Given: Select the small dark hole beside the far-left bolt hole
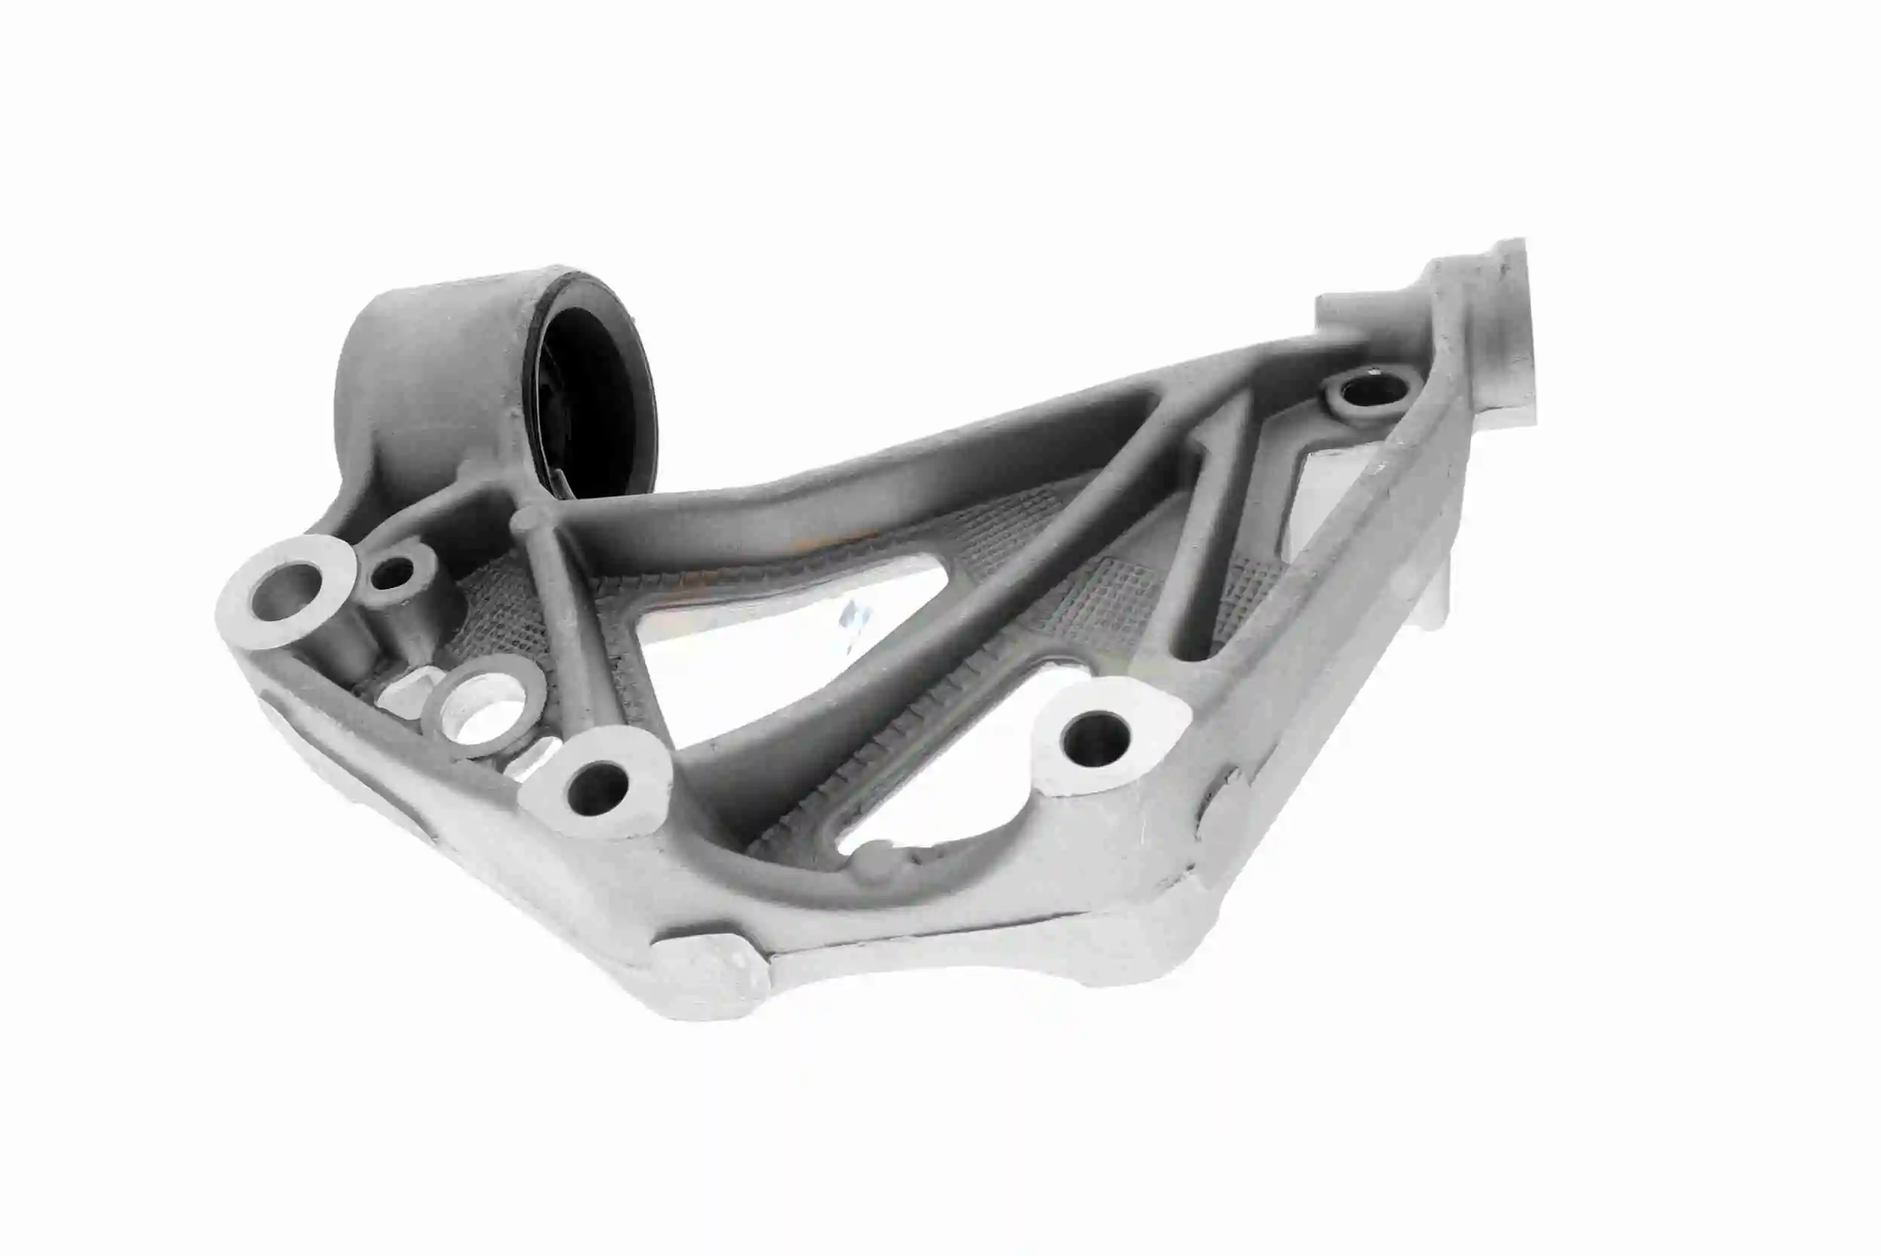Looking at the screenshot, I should pos(393,572).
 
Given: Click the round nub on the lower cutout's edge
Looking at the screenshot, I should pos(877,861).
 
